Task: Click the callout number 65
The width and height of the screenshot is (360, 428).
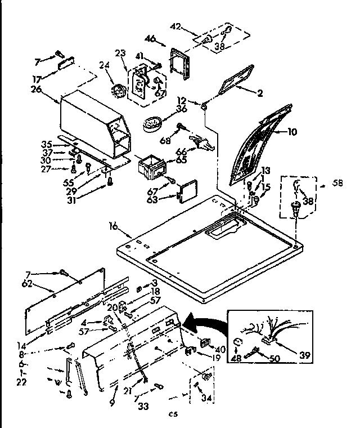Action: pos(181,160)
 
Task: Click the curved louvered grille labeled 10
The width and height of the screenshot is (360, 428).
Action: pos(262,144)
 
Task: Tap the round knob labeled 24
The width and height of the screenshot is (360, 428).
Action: pos(119,91)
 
